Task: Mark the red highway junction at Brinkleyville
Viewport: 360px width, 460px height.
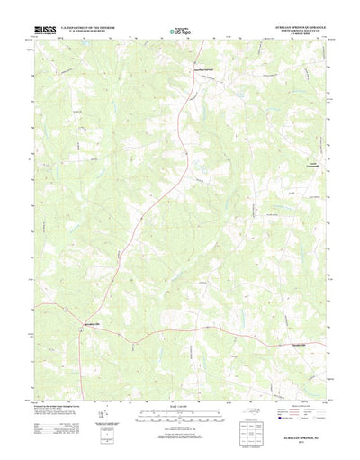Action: point(81,326)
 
